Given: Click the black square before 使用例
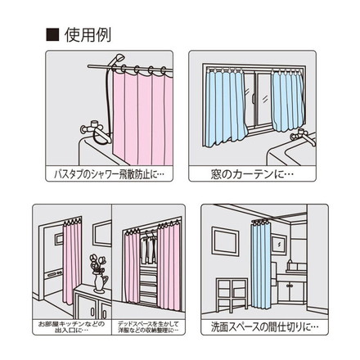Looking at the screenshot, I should pos(52,35).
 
